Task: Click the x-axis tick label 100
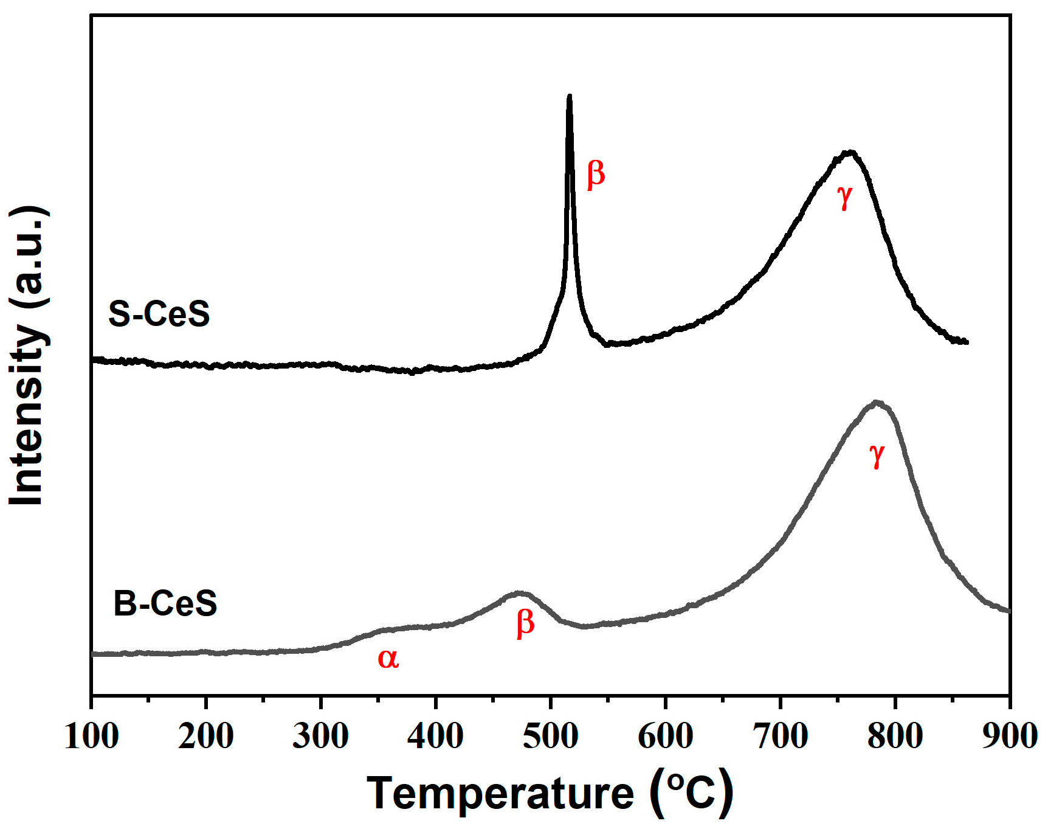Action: pos(91,736)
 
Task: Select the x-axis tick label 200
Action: pos(206,736)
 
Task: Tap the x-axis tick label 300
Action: pos(320,736)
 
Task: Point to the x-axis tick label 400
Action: pos(435,736)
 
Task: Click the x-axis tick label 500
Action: pos(550,736)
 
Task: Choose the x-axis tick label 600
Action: pos(665,736)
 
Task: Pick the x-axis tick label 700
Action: pos(780,736)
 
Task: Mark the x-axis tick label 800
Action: pos(895,736)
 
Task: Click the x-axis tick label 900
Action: pos(1009,736)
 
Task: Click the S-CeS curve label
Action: pos(159,314)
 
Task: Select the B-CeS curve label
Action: pos(165,603)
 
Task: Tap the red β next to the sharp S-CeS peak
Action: pos(596,175)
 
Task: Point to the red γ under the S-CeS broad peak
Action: pos(845,196)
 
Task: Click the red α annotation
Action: pos(388,659)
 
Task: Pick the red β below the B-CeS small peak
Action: pos(525,623)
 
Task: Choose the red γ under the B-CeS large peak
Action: pos(877,454)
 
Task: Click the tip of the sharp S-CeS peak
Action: pos(569,96)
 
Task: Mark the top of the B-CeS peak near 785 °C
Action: pos(876,402)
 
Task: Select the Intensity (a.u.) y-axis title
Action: pos(27,356)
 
